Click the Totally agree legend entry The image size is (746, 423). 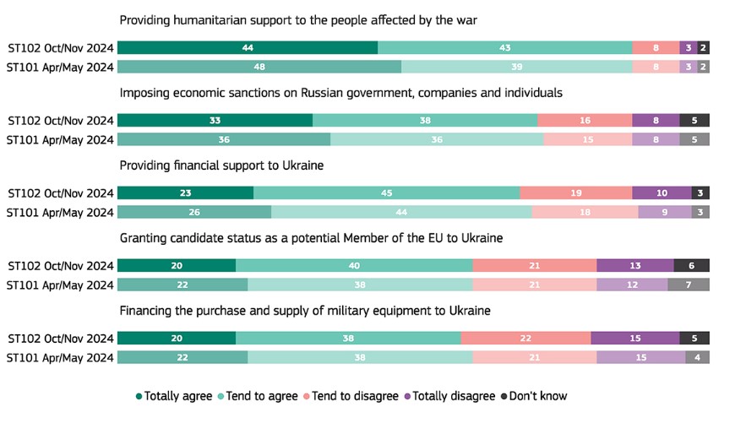click(176, 395)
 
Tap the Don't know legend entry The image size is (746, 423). click(535, 395)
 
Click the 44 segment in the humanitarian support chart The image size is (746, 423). click(248, 48)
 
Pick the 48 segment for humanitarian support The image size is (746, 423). click(259, 67)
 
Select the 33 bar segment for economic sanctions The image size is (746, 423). click(215, 121)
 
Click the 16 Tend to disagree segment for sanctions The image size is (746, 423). click(585, 121)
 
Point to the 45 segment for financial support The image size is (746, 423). click(386, 193)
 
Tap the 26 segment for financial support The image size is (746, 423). click(194, 212)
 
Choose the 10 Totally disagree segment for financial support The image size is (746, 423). click(662, 193)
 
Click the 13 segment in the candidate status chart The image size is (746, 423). click(635, 266)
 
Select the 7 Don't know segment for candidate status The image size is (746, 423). click(689, 285)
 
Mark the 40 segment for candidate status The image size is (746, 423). click(354, 266)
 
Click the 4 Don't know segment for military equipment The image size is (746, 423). click(697, 357)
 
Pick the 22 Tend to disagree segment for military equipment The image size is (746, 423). click(525, 339)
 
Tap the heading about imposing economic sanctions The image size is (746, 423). click(341, 92)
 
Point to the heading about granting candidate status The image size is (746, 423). click(311, 238)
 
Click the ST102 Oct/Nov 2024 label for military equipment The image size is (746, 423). click(59, 339)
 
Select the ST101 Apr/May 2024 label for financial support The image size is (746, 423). click(59, 212)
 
